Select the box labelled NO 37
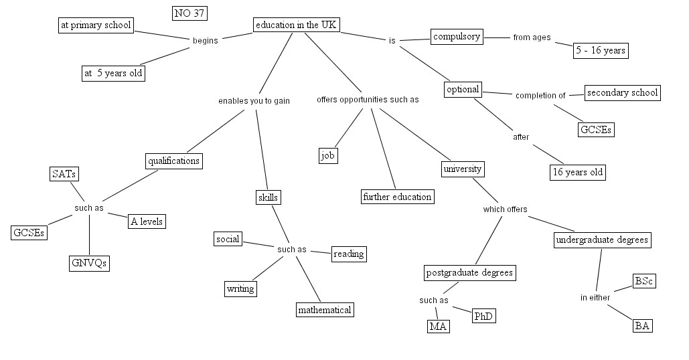click(189, 13)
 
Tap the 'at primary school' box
click(96, 25)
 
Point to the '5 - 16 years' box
click(601, 51)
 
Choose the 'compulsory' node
click(457, 37)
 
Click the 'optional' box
click(463, 90)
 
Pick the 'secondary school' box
click(622, 93)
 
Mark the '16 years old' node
click(577, 172)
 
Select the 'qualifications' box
click(173, 161)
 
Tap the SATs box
click(64, 174)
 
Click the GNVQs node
click(89, 263)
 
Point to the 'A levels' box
click(146, 221)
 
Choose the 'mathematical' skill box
click(325, 310)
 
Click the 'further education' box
click(397, 197)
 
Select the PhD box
click(483, 316)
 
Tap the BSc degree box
click(643, 281)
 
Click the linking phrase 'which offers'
click(505, 209)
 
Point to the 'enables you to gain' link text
click(254, 101)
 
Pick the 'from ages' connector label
click(532, 37)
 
